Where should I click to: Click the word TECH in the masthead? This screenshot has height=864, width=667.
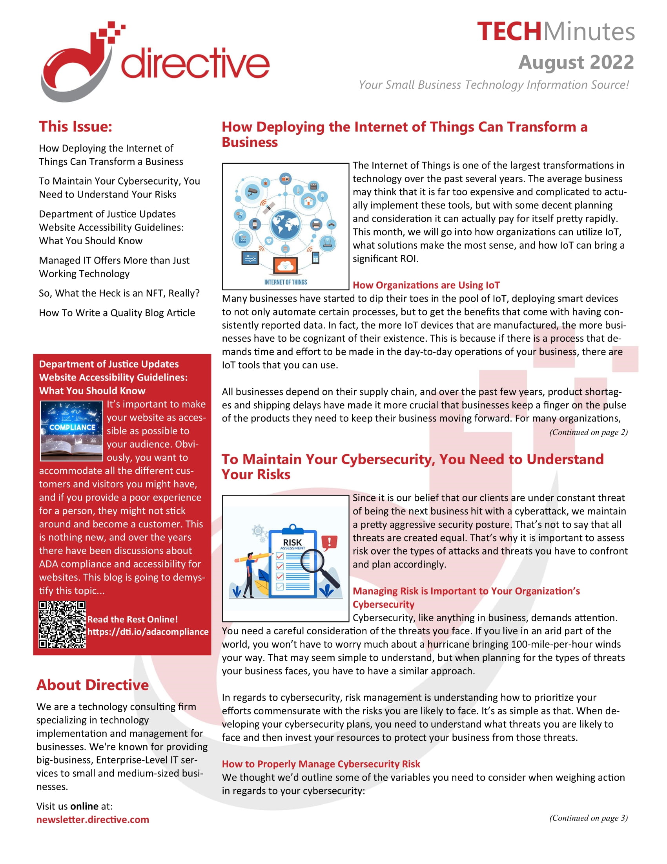click(x=508, y=32)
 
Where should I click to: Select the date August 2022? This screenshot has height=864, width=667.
click(x=576, y=62)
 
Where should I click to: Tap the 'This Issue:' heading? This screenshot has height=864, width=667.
click(x=75, y=126)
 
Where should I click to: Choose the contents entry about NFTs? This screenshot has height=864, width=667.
click(x=119, y=293)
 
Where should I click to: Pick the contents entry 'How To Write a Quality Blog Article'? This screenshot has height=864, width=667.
click(x=117, y=313)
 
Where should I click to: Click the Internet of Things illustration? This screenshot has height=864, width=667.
click(x=285, y=226)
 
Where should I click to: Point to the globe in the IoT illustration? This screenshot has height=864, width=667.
click(x=285, y=225)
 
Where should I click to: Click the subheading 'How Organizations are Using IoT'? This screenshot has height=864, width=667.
click(x=426, y=285)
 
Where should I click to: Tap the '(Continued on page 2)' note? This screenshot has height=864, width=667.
click(x=588, y=432)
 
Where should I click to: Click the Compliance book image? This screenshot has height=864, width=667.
click(x=71, y=431)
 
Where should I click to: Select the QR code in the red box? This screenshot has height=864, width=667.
click(x=62, y=625)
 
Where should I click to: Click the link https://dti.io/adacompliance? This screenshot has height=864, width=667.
click(x=148, y=632)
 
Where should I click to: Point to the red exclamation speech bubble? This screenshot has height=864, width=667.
click(x=330, y=542)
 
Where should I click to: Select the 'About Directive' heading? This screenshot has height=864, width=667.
click(x=93, y=685)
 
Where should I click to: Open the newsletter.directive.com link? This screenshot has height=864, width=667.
click(x=93, y=819)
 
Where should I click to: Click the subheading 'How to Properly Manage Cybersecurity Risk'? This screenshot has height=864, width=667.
click(x=321, y=764)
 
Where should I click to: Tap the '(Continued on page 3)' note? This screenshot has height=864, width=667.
click(x=588, y=818)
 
